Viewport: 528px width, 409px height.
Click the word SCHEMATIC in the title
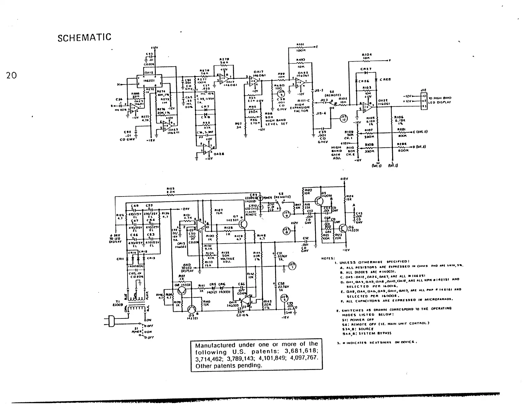pos(84,37)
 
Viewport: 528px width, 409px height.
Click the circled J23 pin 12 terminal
pos(343,118)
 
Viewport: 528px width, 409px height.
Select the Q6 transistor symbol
pos(342,228)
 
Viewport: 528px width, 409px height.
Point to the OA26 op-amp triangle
pos(209,149)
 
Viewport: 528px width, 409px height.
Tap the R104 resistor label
pos(366,54)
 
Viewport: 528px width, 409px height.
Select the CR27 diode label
pos(366,69)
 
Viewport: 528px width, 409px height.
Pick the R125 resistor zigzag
pos(171,195)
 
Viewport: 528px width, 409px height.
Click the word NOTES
pos(326,258)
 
